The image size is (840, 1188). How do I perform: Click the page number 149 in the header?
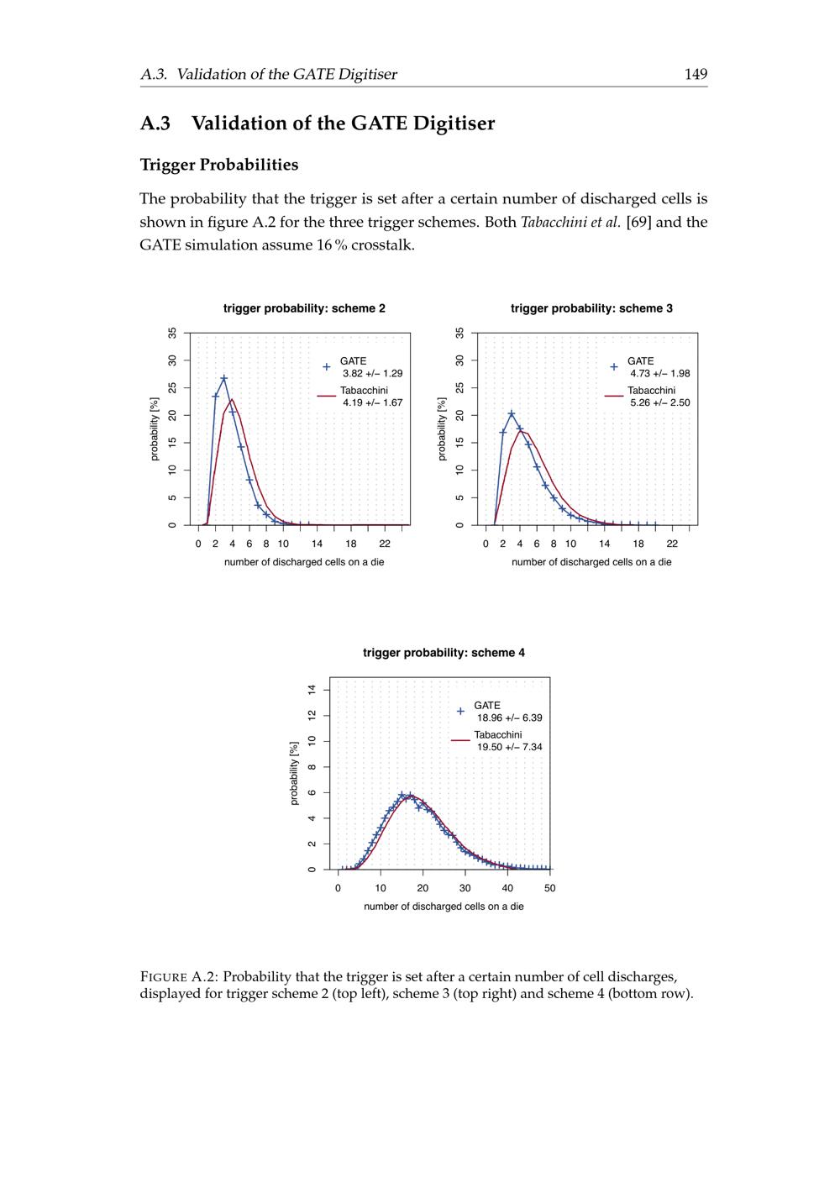[x=696, y=74]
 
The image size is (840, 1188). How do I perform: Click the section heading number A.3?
[x=155, y=123]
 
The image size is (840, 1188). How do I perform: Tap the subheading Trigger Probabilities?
[x=219, y=165]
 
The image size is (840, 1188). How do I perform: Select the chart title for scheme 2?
[x=304, y=308]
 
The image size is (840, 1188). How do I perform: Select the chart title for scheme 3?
[x=591, y=308]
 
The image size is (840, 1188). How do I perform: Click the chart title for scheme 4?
[x=444, y=653]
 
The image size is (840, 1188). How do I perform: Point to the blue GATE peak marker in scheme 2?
[x=223, y=379]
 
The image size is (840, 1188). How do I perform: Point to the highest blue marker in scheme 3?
[x=512, y=413]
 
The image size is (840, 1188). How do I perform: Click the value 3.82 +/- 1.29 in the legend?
[x=372, y=373]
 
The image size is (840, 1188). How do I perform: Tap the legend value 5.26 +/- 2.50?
[x=659, y=402]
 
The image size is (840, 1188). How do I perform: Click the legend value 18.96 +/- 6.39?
[x=509, y=718]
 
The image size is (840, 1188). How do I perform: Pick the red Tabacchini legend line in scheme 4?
[x=460, y=740]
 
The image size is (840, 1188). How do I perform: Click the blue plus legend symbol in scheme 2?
[x=327, y=367]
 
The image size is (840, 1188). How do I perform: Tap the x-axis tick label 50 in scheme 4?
[x=550, y=888]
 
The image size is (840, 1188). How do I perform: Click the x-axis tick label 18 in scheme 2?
[x=350, y=544]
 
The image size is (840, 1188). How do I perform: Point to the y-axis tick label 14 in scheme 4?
[x=312, y=690]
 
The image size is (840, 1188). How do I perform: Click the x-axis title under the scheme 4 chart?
[x=444, y=907]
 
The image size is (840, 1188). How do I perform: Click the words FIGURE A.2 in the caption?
[x=180, y=977]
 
